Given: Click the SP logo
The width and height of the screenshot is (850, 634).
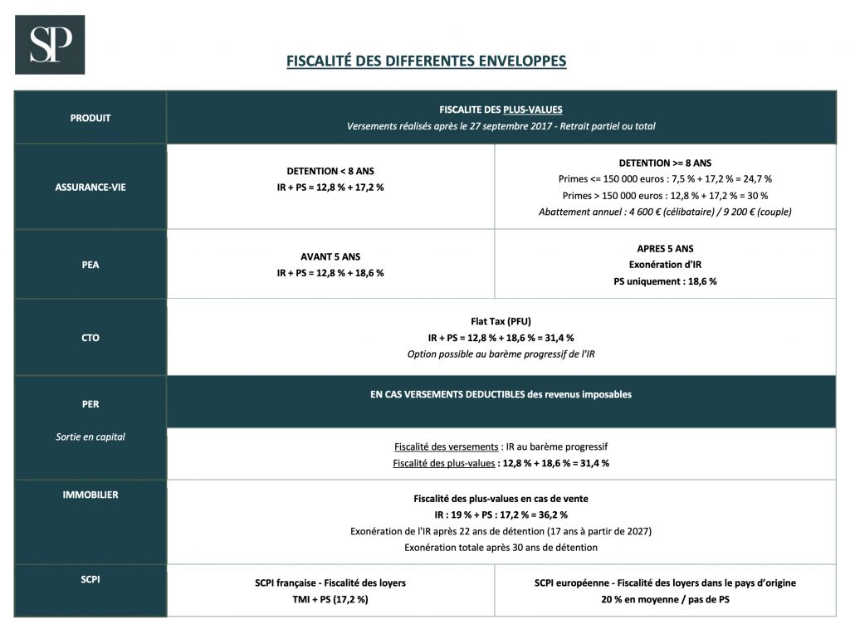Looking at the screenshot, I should (51, 45).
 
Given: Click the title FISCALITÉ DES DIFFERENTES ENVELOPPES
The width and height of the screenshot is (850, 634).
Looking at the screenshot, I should (426, 61).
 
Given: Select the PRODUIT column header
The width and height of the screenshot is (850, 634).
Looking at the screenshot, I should (90, 118).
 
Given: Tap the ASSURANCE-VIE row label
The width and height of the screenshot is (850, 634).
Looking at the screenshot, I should (90, 187).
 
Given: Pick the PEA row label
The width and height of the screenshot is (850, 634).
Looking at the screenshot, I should (90, 265).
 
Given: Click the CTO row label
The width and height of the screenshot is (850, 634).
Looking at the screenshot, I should (90, 338).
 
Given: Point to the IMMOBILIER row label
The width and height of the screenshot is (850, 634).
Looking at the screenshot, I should (90, 495).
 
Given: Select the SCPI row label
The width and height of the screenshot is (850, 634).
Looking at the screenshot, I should (90, 579).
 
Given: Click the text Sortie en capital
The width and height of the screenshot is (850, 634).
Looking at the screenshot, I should (90, 436).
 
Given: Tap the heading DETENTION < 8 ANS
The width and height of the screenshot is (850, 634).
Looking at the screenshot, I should (330, 171).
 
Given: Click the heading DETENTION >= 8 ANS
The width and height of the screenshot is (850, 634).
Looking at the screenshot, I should (665, 163).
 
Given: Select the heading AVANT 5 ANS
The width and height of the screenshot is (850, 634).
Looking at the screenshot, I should (330, 256).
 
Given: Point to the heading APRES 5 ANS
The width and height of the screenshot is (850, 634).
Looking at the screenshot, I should (665, 248).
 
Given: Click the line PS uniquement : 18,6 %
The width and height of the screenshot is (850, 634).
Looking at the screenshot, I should (665, 281).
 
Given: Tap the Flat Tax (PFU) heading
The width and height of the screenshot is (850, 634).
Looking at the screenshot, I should (501, 321).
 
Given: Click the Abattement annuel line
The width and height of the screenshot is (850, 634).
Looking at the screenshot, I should (665, 212).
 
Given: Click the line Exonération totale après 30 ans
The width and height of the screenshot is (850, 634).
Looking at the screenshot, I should (501, 548).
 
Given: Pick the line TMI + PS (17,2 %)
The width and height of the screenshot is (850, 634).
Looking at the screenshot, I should (330, 598).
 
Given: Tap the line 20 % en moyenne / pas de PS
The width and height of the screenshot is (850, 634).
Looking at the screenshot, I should (665, 598).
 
